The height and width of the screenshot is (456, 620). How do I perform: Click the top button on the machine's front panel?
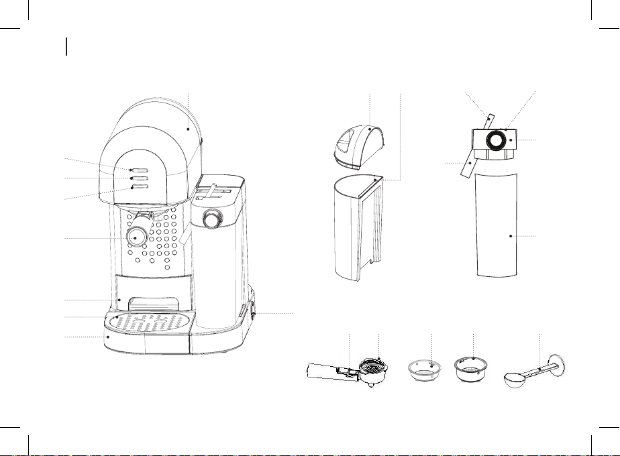(140, 170)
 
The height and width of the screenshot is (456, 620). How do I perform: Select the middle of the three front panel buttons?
(140, 179)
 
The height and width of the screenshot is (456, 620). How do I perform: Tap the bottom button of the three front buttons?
(140, 188)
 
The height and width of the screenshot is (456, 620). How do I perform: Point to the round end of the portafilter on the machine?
(138, 236)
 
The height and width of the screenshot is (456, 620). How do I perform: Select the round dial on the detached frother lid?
(497, 139)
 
